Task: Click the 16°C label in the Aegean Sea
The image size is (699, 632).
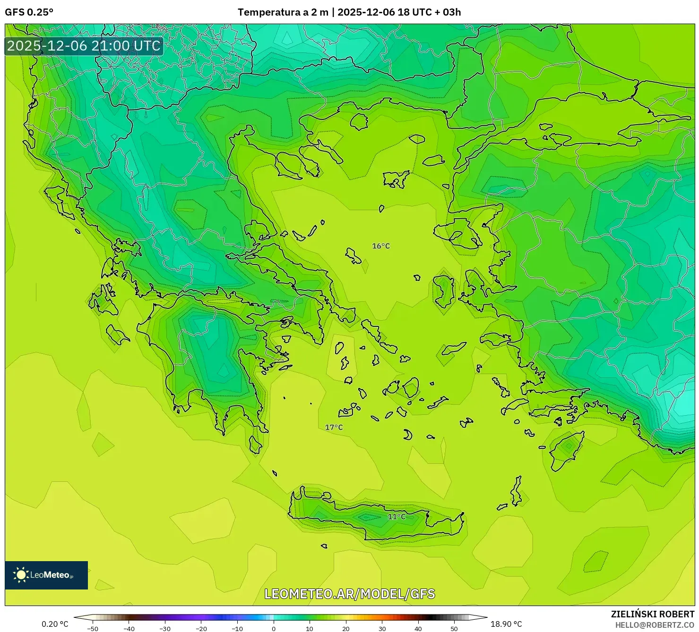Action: [381, 246]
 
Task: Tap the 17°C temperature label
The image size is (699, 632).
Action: [334, 427]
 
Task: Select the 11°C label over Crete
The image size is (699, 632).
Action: [397, 517]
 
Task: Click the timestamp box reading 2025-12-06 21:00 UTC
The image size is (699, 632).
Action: [84, 46]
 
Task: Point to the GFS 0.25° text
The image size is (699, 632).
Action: [29, 12]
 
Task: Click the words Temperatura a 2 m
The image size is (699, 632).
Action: [283, 12]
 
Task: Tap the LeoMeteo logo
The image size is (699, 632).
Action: [46, 575]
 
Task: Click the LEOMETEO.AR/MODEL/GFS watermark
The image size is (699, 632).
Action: [349, 594]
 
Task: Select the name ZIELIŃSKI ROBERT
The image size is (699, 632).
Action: [652, 615]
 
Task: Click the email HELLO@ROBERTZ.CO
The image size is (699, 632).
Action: [655, 625]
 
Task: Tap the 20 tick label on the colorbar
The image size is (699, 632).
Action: [346, 628]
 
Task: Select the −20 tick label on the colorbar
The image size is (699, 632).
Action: [201, 628]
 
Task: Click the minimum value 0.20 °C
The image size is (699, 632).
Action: [55, 624]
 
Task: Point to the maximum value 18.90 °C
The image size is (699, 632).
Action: [506, 624]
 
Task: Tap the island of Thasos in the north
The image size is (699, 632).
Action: [359, 121]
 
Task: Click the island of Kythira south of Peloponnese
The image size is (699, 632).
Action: [255, 444]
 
